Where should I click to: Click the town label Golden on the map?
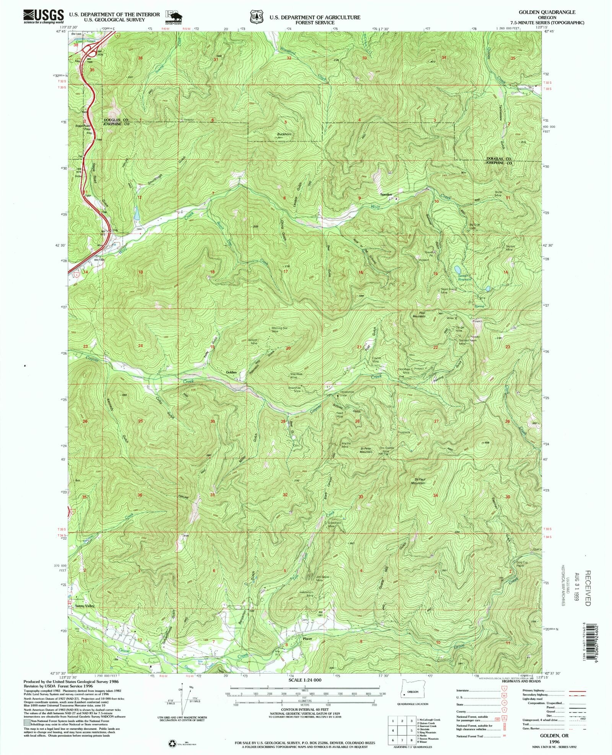tap(231, 372)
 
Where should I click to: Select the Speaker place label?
tap(386, 195)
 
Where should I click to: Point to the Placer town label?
tap(307, 639)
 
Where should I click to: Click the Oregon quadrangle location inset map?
tap(412, 692)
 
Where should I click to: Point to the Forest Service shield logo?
tap(257, 17)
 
